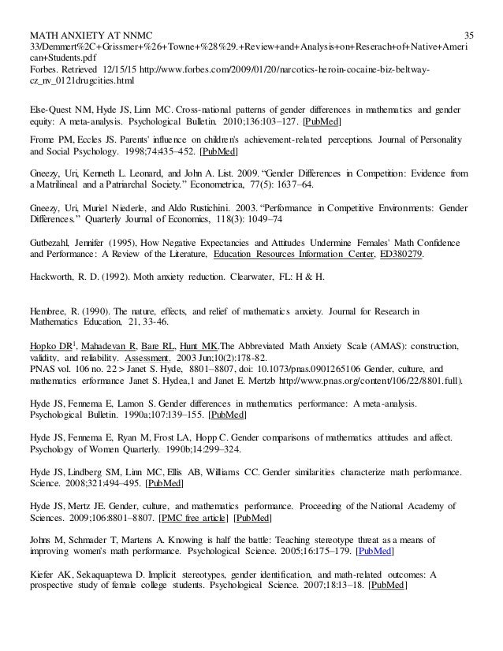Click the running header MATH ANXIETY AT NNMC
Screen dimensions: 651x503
[x=90, y=13]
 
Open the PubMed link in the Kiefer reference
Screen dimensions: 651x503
[x=387, y=586]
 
